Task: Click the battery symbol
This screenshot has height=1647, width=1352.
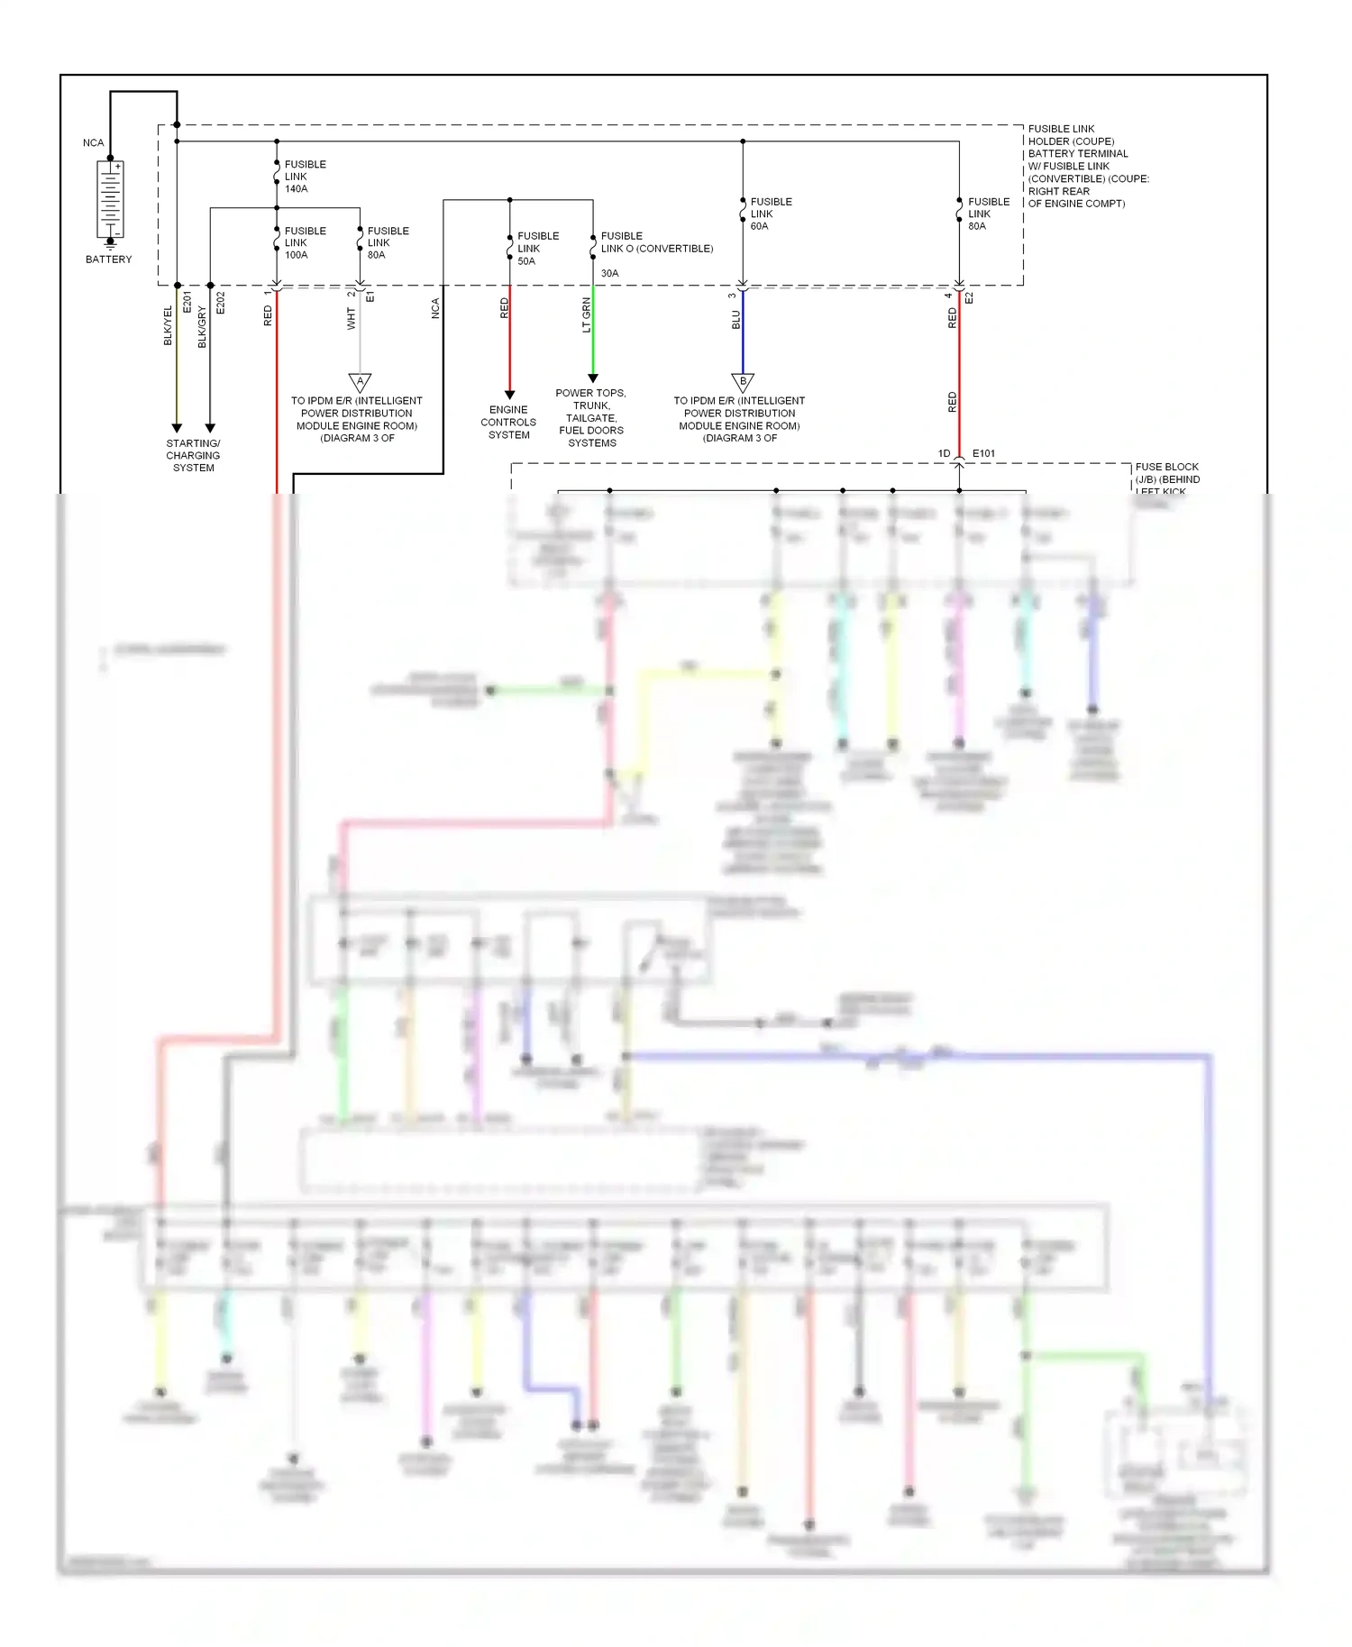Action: click(110, 199)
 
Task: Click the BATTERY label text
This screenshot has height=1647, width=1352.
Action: click(108, 259)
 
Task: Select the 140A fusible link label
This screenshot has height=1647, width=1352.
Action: click(305, 177)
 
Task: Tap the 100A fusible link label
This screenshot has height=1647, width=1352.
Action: click(305, 243)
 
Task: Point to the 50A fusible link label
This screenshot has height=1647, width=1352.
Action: click(537, 249)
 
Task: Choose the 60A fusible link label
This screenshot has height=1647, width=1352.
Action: click(771, 214)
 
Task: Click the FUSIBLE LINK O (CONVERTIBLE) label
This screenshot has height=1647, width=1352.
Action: click(656, 243)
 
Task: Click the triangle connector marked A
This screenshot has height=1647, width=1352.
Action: click(360, 383)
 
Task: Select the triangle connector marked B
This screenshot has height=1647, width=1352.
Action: click(743, 383)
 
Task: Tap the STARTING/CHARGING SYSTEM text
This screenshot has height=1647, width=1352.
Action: click(193, 456)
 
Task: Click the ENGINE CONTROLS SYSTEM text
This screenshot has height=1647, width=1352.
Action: click(508, 423)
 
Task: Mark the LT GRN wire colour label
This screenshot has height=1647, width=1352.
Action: click(587, 315)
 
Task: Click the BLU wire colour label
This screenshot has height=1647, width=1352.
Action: click(735, 320)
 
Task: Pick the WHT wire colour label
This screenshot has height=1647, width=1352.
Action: click(351, 318)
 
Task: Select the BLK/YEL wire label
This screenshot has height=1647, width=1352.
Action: click(168, 325)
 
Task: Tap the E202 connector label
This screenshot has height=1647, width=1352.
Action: click(221, 303)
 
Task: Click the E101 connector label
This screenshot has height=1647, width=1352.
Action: click(983, 454)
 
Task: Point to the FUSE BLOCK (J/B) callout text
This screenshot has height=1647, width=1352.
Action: click(1167, 478)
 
